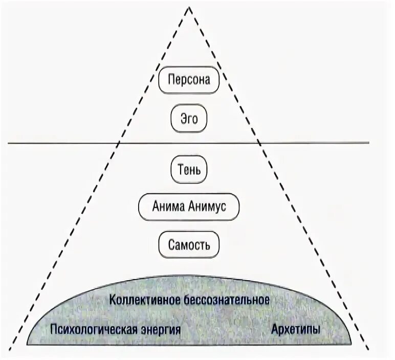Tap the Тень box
[x=189, y=168]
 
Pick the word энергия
[x=161, y=329]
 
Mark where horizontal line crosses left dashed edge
[x=119, y=143]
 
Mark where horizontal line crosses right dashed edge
[x=258, y=143]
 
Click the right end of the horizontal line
[x=368, y=143]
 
